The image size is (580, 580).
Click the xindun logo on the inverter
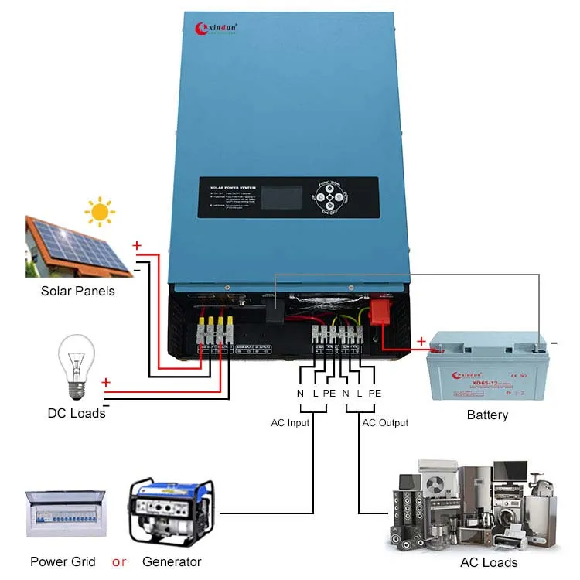[x=216, y=28]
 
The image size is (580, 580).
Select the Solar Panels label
[x=77, y=291]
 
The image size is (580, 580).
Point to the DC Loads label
[x=77, y=413]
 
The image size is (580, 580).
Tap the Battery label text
[x=487, y=415]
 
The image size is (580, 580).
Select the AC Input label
[x=290, y=423]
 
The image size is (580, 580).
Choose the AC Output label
[x=385, y=423]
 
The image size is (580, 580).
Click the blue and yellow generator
[x=171, y=510]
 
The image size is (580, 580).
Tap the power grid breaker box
[x=63, y=513]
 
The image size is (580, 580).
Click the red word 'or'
[x=119, y=561]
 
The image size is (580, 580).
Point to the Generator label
[x=172, y=561]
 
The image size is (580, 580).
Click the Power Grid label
[x=63, y=561]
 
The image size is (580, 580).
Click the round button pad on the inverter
[x=332, y=197]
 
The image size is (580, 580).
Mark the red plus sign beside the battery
[x=421, y=340]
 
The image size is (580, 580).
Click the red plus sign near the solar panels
[x=137, y=246]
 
